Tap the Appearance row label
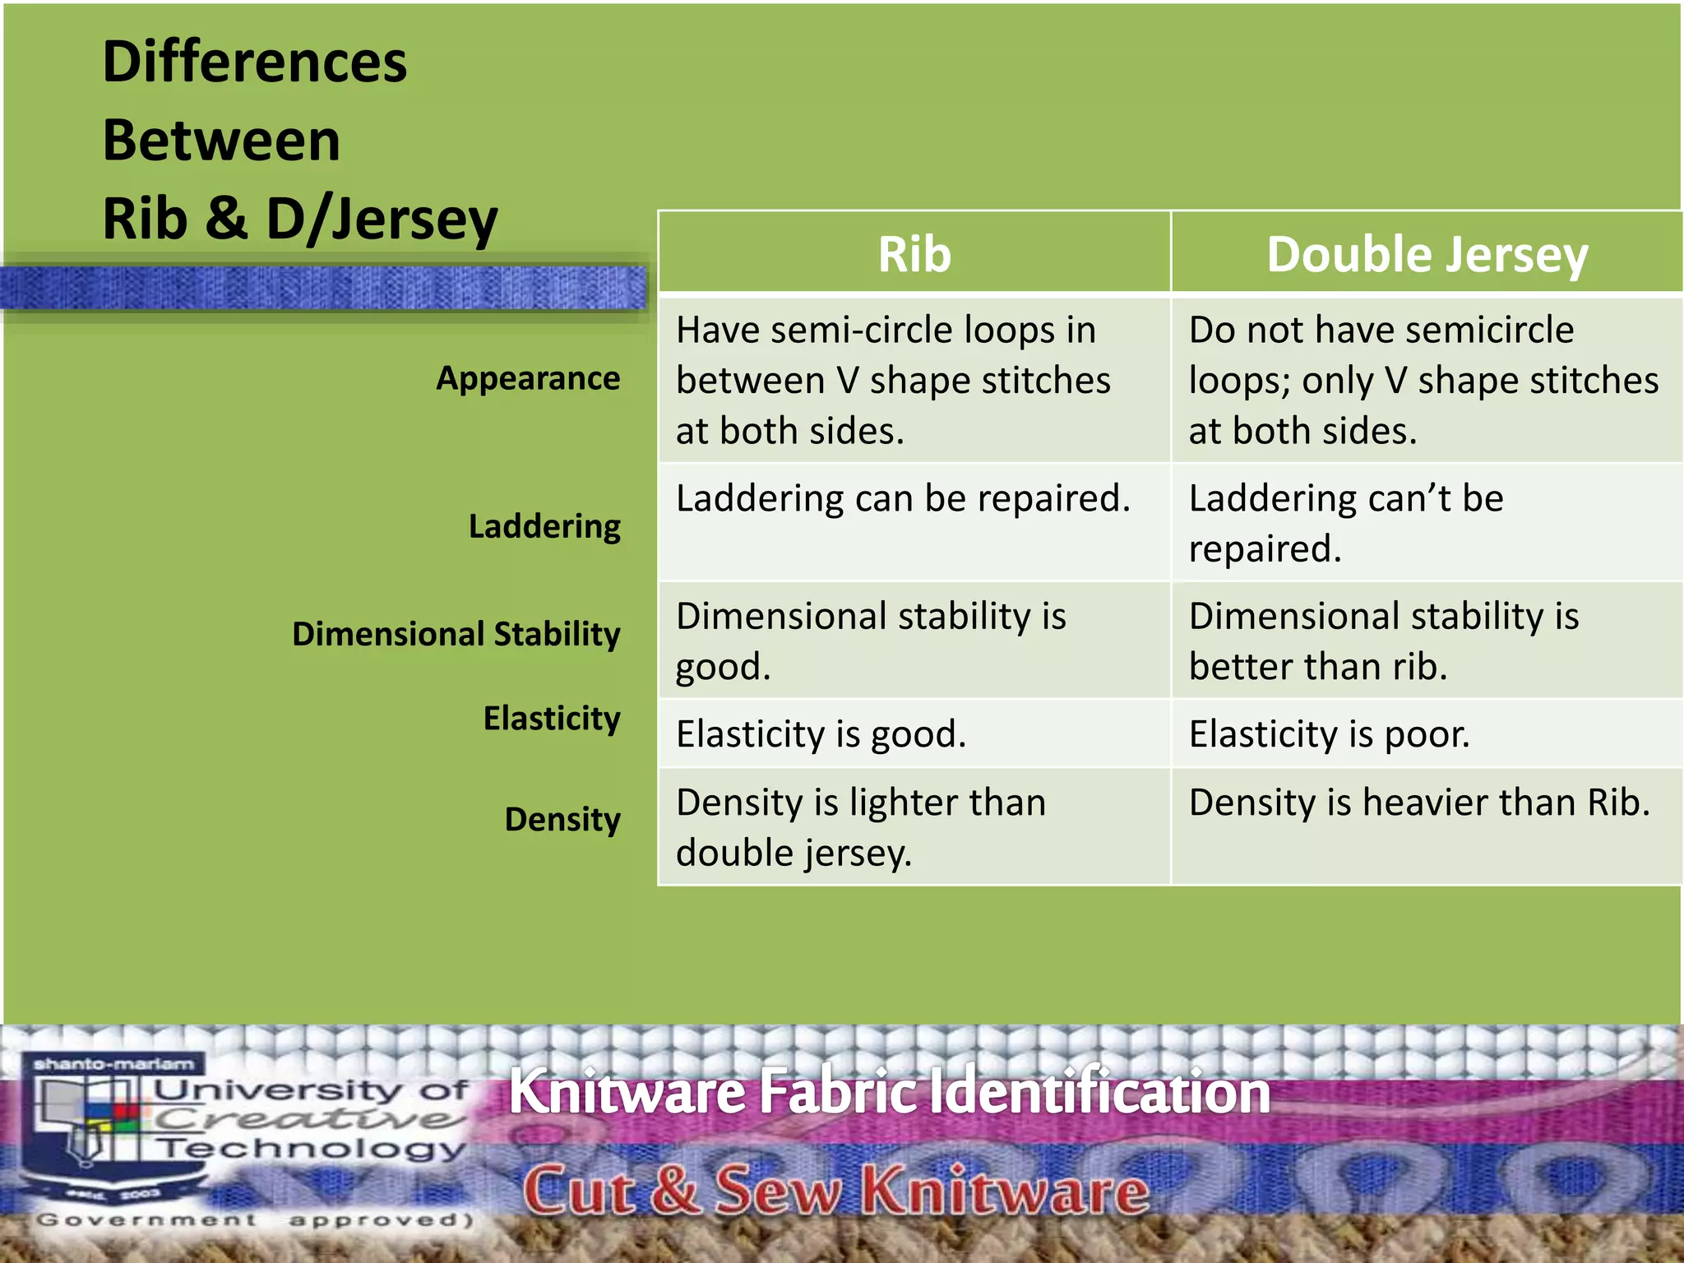coord(528,378)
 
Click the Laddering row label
coord(544,526)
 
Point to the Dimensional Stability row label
coord(456,634)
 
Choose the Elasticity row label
coord(551,718)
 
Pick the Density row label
coord(562,819)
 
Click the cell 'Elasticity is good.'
coord(821,733)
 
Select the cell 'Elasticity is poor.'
coord(1329,733)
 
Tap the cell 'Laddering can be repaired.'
coord(903,498)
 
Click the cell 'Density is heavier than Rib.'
coord(1419,803)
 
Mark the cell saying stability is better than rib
coord(1384,641)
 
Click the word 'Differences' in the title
coord(255,62)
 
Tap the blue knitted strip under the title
coord(325,288)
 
